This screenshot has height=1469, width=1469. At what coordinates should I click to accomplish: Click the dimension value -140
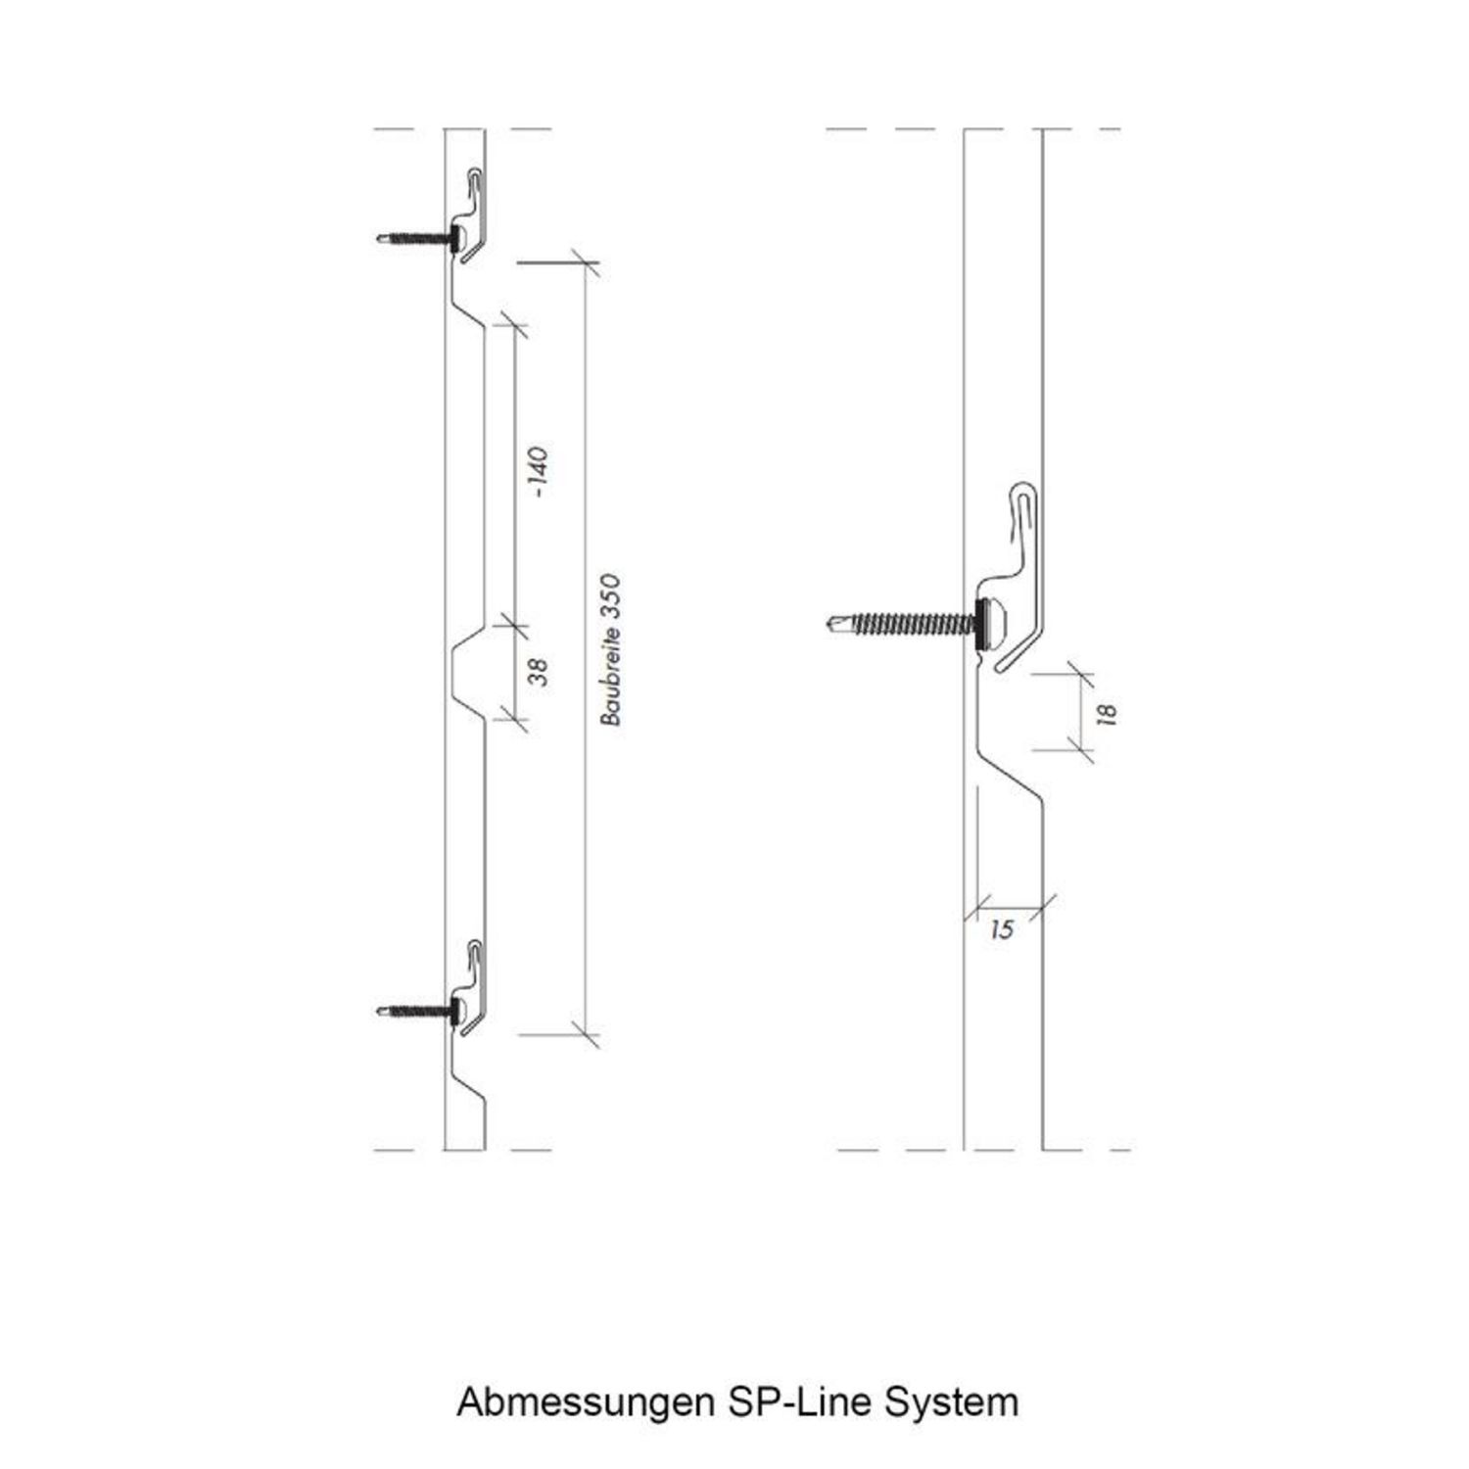(538, 472)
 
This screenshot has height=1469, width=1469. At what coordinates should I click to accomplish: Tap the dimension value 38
(538, 672)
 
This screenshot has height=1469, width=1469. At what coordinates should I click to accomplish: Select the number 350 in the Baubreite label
(611, 595)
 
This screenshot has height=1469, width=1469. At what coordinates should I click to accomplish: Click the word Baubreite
(611, 675)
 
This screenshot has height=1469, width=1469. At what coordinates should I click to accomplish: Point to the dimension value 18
(1108, 714)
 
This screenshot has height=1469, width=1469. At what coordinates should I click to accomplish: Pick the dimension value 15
(1002, 929)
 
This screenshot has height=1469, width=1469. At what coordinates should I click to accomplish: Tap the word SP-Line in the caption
(801, 1401)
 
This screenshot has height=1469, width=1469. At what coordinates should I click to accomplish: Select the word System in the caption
(952, 1401)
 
